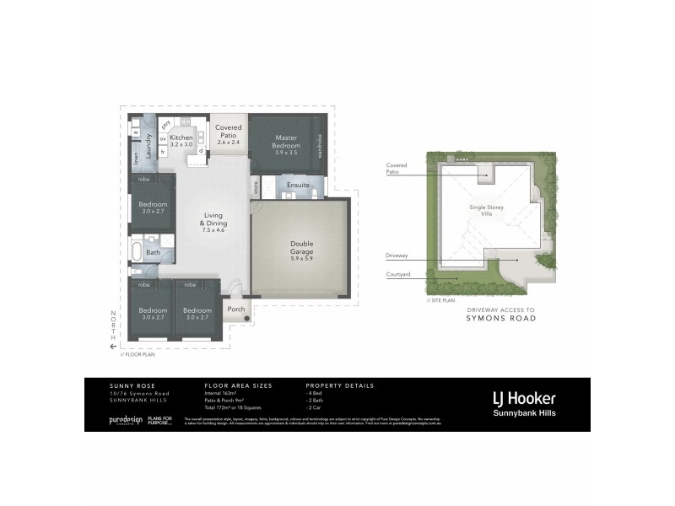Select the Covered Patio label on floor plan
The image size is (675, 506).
tap(229, 135)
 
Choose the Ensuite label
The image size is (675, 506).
tap(298, 185)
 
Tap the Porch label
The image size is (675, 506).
tap(236, 309)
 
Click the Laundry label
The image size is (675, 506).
tap(148, 146)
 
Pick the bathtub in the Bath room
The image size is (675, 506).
tap(138, 251)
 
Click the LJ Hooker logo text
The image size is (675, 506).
tap(523, 398)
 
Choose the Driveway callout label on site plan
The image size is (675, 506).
tap(397, 255)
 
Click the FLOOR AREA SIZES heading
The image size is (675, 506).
tap(238, 385)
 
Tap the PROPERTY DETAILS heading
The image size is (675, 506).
tap(339, 385)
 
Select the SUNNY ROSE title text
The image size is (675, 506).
tap(114, 385)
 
